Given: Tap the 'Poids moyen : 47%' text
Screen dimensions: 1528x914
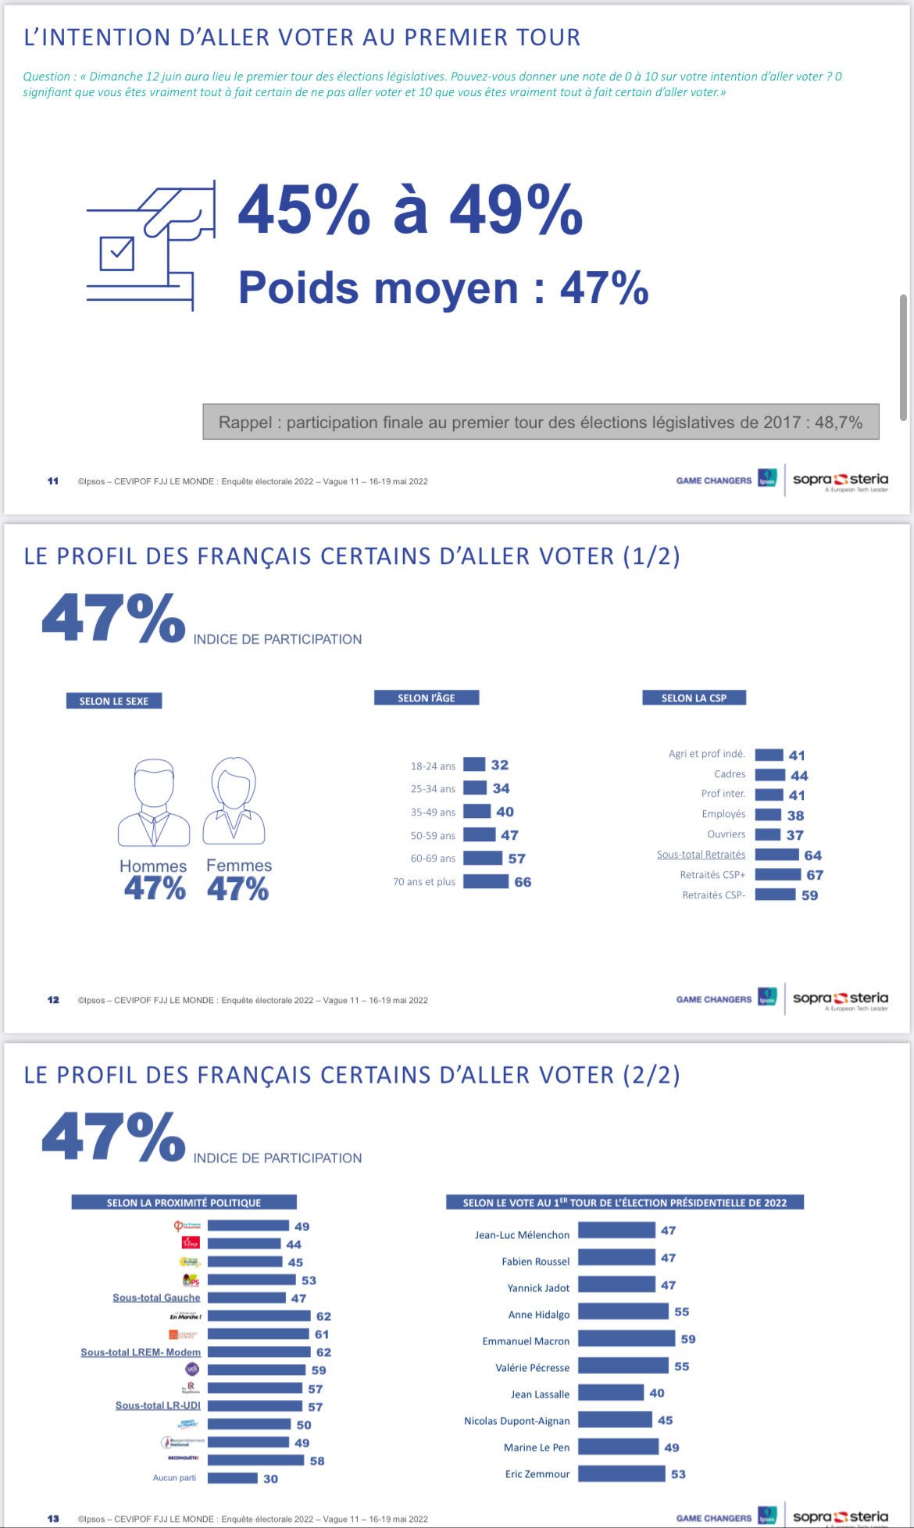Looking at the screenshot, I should pyautogui.click(x=443, y=287).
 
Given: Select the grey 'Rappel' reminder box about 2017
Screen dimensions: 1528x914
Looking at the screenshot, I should pyautogui.click(x=541, y=422).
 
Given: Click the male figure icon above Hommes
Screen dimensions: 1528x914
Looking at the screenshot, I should pyautogui.click(x=154, y=803).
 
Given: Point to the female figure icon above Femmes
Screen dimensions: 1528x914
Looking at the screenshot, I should pyautogui.click(x=234, y=801).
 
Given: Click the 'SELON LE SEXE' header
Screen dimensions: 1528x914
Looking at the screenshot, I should pyautogui.click(x=114, y=701).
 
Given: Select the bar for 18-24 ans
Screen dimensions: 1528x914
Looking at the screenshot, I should pyautogui.click(x=474, y=765).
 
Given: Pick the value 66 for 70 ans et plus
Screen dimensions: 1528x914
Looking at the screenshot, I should pyautogui.click(x=523, y=882).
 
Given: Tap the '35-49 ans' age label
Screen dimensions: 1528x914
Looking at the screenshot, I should pyautogui.click(x=433, y=812).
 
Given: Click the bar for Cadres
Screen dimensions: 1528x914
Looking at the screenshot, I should pyautogui.click(x=769, y=775).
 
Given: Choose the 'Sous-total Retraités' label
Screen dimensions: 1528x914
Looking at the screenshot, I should pyautogui.click(x=701, y=855).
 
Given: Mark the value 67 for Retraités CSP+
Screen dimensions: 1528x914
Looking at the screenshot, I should pyautogui.click(x=815, y=875).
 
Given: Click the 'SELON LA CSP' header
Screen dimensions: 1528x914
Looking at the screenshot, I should pyautogui.click(x=694, y=698).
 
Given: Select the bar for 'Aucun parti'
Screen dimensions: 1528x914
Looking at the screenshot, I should pyautogui.click(x=232, y=1478).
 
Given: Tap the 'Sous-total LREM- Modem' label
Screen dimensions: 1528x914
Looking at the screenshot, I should pyautogui.click(x=141, y=1352).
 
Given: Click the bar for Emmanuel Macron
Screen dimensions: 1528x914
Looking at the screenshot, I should pyautogui.click(x=626, y=1339).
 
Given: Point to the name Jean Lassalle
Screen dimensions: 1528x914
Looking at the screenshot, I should pyautogui.click(x=540, y=1394).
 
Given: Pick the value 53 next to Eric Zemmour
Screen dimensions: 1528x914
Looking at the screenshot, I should pyautogui.click(x=678, y=1474).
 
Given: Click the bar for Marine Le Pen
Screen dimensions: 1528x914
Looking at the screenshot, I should pyautogui.click(x=618, y=1447).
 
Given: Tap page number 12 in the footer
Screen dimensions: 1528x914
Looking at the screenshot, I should pyautogui.click(x=53, y=1000).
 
